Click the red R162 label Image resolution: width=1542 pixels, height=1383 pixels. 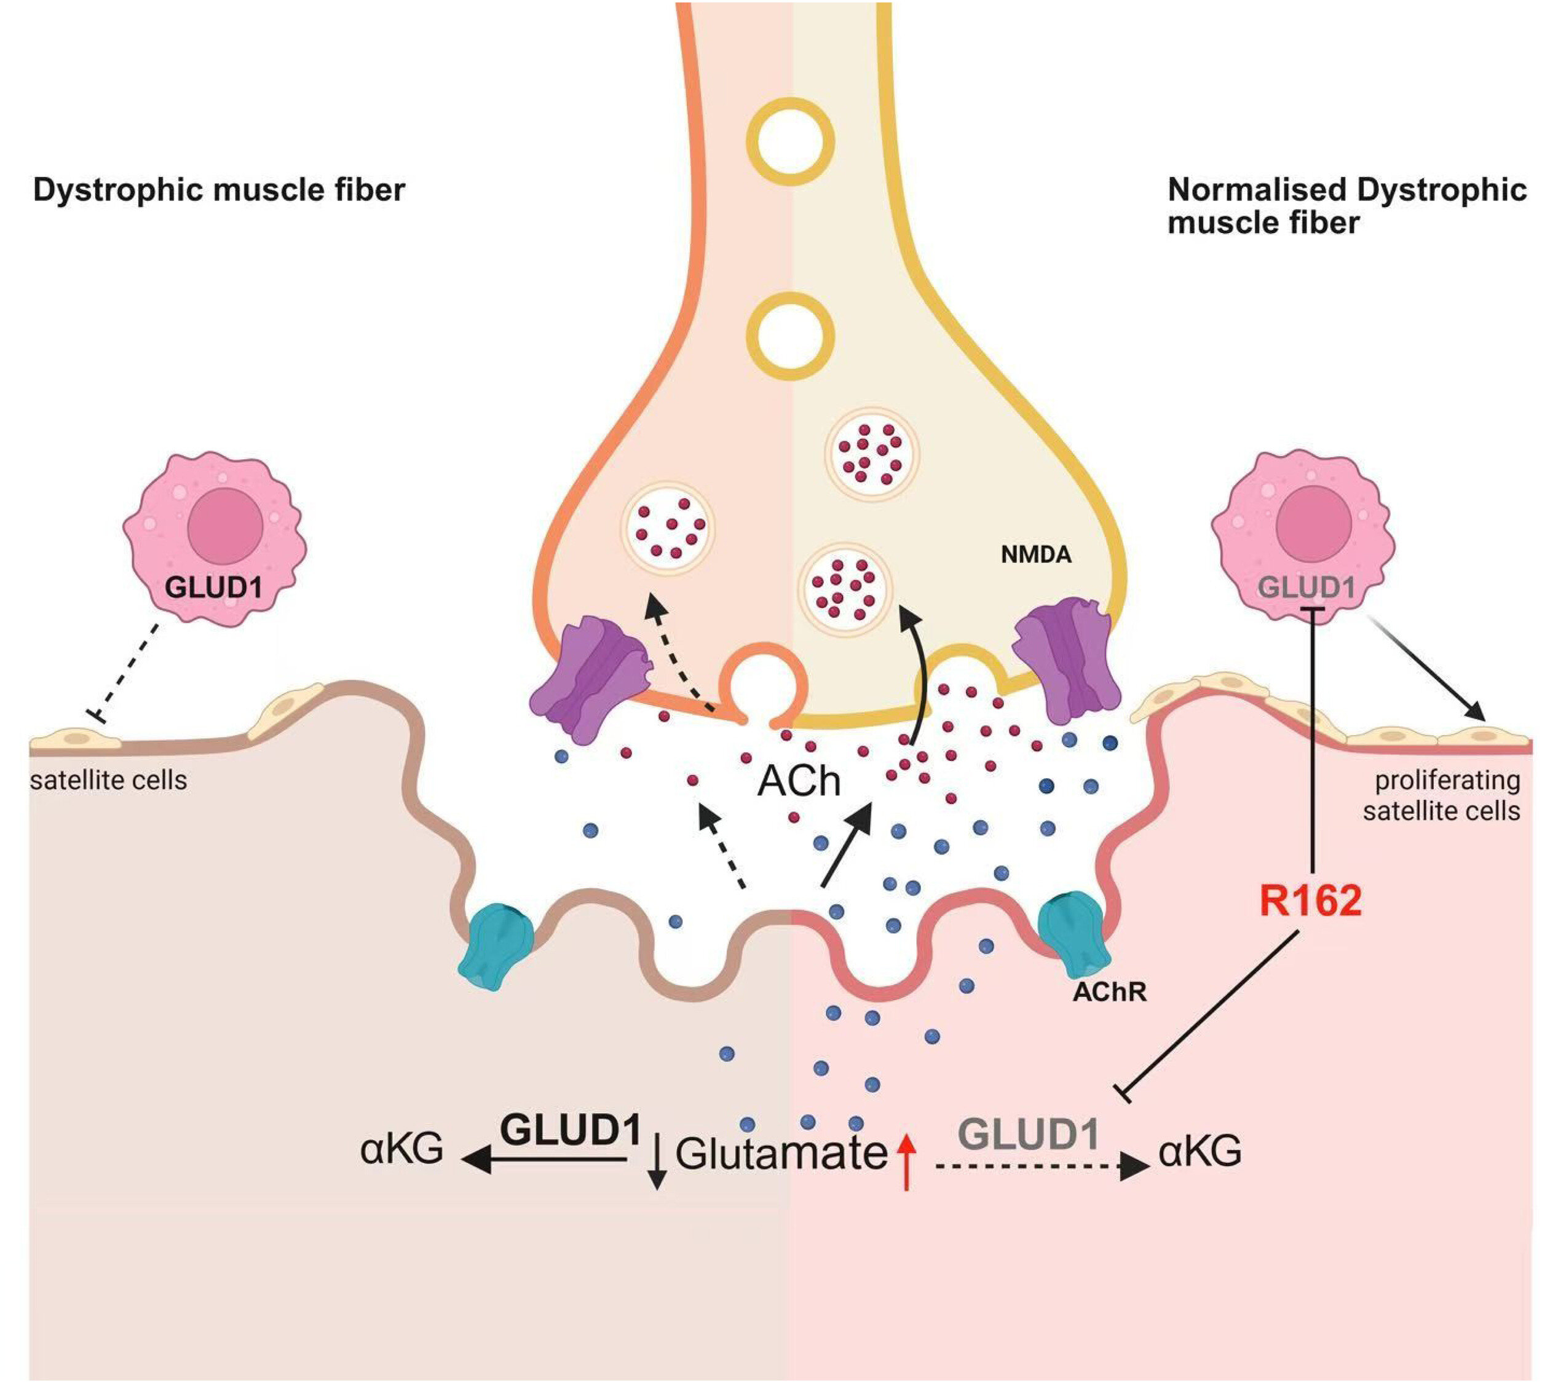(1310, 901)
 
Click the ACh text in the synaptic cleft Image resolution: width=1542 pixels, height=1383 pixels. (799, 781)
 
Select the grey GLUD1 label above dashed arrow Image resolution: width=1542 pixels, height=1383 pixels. (1029, 1135)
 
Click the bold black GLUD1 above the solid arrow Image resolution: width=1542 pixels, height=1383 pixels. (571, 1130)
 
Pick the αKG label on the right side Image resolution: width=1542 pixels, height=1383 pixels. (1200, 1151)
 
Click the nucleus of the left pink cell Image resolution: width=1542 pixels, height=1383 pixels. (225, 526)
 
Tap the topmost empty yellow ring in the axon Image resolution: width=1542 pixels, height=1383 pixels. (789, 141)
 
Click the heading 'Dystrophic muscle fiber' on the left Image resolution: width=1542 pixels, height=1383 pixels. (219, 189)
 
